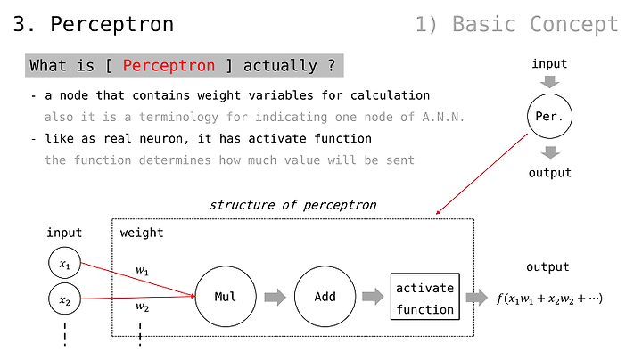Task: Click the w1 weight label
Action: tap(142, 270)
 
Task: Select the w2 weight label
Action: tap(142, 307)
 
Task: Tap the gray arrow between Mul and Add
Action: tap(276, 297)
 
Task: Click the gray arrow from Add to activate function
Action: tap(373, 297)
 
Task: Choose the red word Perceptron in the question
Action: tap(169, 65)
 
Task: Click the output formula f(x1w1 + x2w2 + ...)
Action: tap(549, 299)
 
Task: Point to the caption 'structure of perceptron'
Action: tap(292, 205)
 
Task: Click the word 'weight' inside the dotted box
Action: tap(142, 233)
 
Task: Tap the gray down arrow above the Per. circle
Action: tap(549, 81)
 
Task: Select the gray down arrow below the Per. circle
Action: tap(550, 152)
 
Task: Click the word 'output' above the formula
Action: tap(547, 267)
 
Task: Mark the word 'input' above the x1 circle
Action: tap(64, 233)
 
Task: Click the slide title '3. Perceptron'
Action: tap(94, 24)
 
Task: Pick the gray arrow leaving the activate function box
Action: tap(477, 297)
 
